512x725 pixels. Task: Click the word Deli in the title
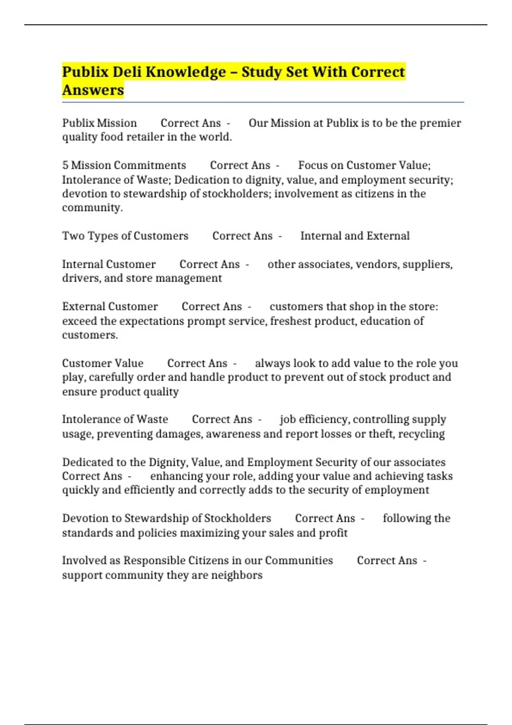click(127, 72)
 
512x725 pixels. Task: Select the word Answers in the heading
click(93, 90)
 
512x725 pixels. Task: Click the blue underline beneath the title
click(263, 102)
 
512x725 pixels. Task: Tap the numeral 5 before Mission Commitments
click(65, 165)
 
